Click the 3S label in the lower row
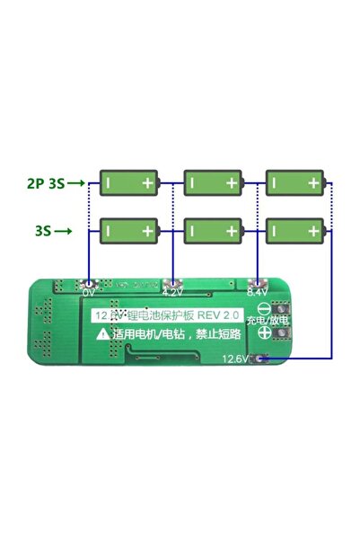(x=42, y=231)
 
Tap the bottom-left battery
(x=128, y=232)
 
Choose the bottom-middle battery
(x=214, y=232)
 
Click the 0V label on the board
(x=89, y=293)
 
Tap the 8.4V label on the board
(x=256, y=293)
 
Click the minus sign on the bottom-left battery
(x=109, y=232)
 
